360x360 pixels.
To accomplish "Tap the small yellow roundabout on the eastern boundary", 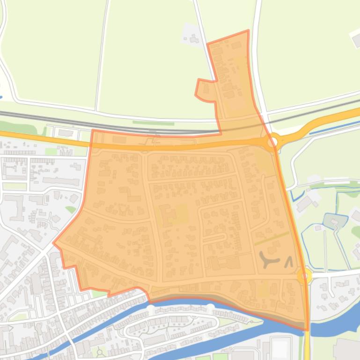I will [x=304, y=276].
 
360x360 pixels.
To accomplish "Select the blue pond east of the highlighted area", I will [x=335, y=220].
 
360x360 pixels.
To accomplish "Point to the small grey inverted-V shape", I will [x=288, y=262].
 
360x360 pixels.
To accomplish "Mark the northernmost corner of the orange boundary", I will [x=248, y=31].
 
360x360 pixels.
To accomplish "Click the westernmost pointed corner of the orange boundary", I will [x=54, y=243].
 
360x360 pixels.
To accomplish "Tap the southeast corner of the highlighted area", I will [x=308, y=329].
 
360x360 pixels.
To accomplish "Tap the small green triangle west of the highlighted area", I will [x=70, y=209].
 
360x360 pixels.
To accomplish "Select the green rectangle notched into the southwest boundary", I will [x=98, y=293].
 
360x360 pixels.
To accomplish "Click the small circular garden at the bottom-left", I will [x=99, y=352].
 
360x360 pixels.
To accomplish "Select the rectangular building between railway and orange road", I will [x=66, y=133].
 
